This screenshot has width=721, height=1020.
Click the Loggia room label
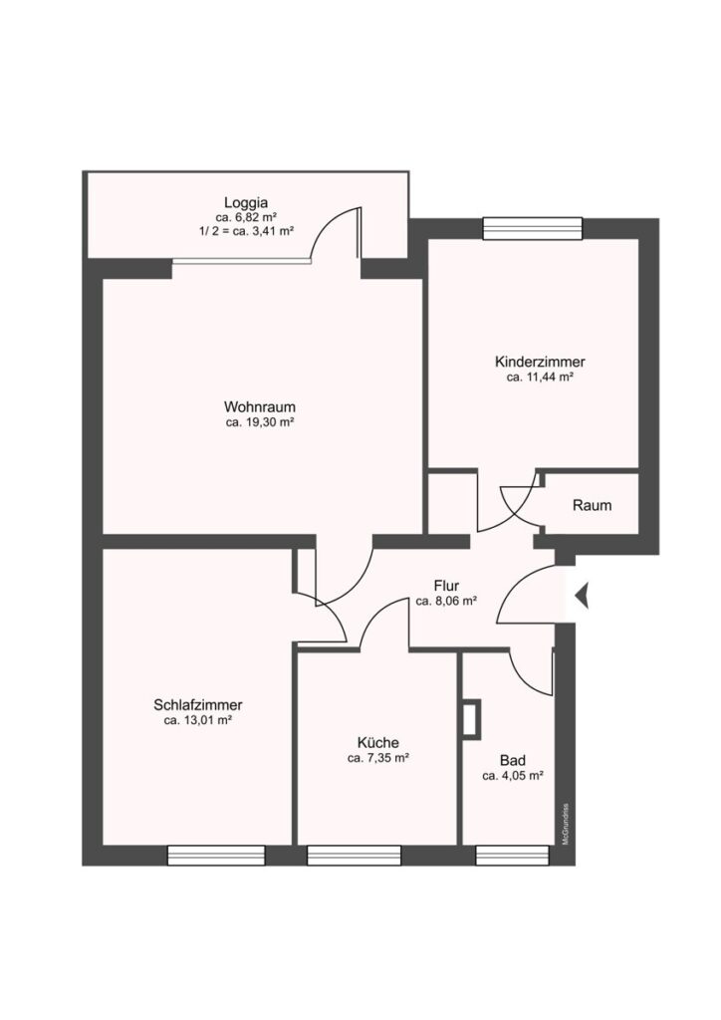click(x=246, y=202)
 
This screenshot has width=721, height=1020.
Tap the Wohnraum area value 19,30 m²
click(x=260, y=422)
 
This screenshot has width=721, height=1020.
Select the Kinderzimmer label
click(x=540, y=361)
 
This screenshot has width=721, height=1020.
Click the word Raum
click(x=592, y=505)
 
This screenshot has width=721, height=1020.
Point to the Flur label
click(x=447, y=586)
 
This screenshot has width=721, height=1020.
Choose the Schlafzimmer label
click(x=197, y=704)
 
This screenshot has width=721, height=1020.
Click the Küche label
click(x=377, y=742)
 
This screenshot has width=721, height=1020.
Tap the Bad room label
click(x=513, y=760)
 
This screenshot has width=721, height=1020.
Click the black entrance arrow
click(x=582, y=596)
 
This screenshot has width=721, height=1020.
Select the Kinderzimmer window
click(x=533, y=228)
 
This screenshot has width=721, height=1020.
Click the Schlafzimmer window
click(x=216, y=856)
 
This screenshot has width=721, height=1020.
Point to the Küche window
click(x=354, y=856)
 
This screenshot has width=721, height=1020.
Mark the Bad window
click(x=512, y=856)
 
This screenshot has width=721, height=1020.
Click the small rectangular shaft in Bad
click(x=471, y=719)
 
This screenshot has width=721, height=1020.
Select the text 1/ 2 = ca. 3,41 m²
click(x=246, y=231)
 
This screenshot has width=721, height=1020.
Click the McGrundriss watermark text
click(x=566, y=824)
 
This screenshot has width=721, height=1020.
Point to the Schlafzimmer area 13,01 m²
click(x=198, y=720)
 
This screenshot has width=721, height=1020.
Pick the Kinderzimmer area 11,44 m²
click(x=540, y=377)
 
